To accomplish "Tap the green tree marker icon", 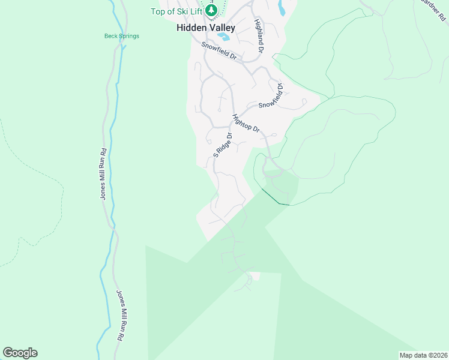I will tap(211, 10).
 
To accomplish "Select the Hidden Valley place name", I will tap(205, 28).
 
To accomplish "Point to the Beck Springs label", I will tap(121, 36).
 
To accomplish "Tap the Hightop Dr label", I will tap(246, 124).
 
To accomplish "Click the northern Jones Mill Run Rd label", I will tap(104, 173).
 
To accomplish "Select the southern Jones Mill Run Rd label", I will tap(119, 316).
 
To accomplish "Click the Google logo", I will tap(20, 353).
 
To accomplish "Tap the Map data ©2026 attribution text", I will tap(423, 355).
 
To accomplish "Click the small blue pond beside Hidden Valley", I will tap(223, 37).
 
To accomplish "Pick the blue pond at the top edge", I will tap(282, 7).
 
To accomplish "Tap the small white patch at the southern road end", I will tap(256, 276).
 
